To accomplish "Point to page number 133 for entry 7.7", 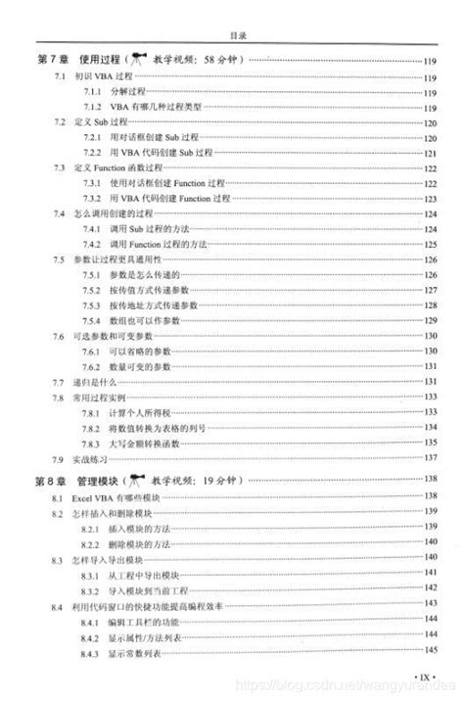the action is [x=429, y=382].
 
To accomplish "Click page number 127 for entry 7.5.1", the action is [x=429, y=277].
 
